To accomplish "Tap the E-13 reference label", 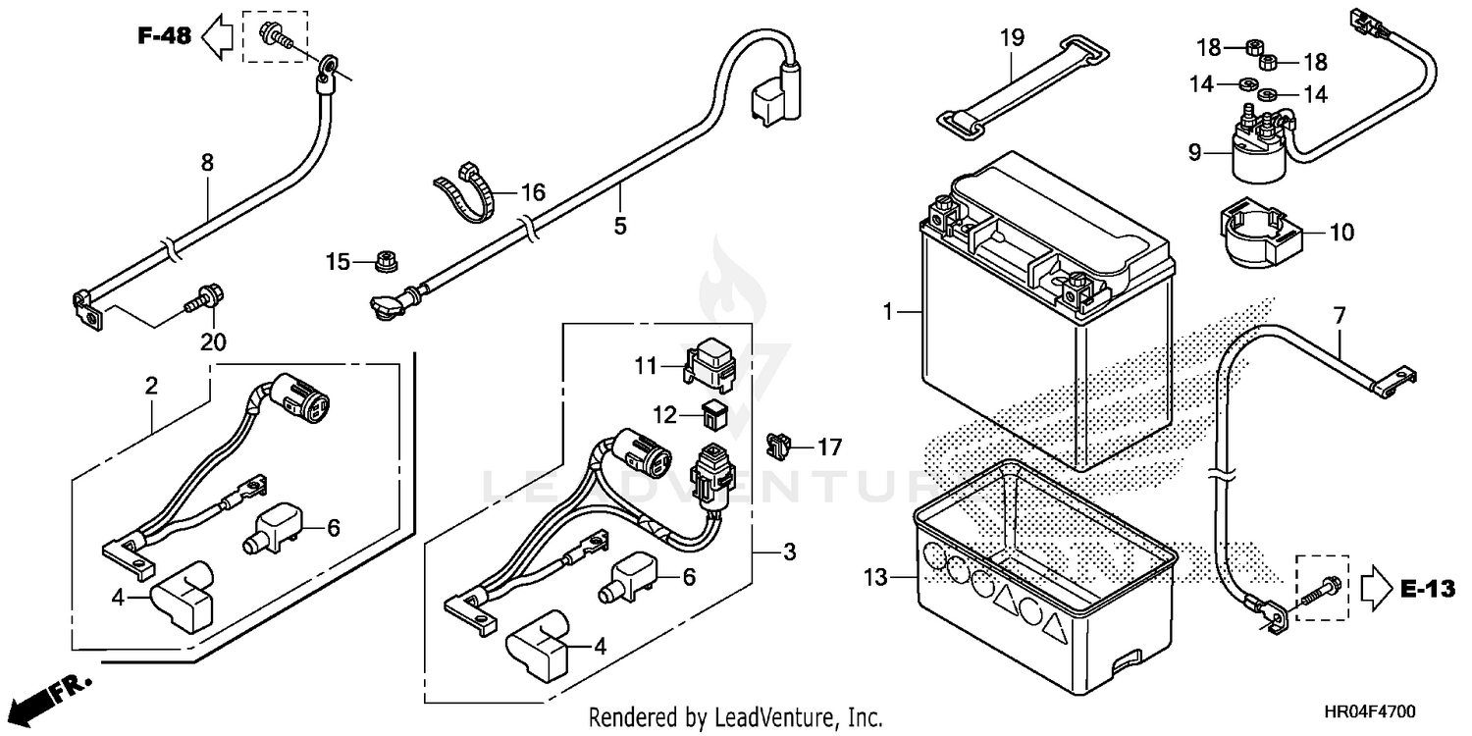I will click(x=1426, y=589).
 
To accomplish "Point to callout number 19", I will click(x=1012, y=38).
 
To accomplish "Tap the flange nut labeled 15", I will click(x=382, y=261).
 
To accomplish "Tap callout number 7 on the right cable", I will click(x=1340, y=316).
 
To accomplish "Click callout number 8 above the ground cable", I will click(x=207, y=163).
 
